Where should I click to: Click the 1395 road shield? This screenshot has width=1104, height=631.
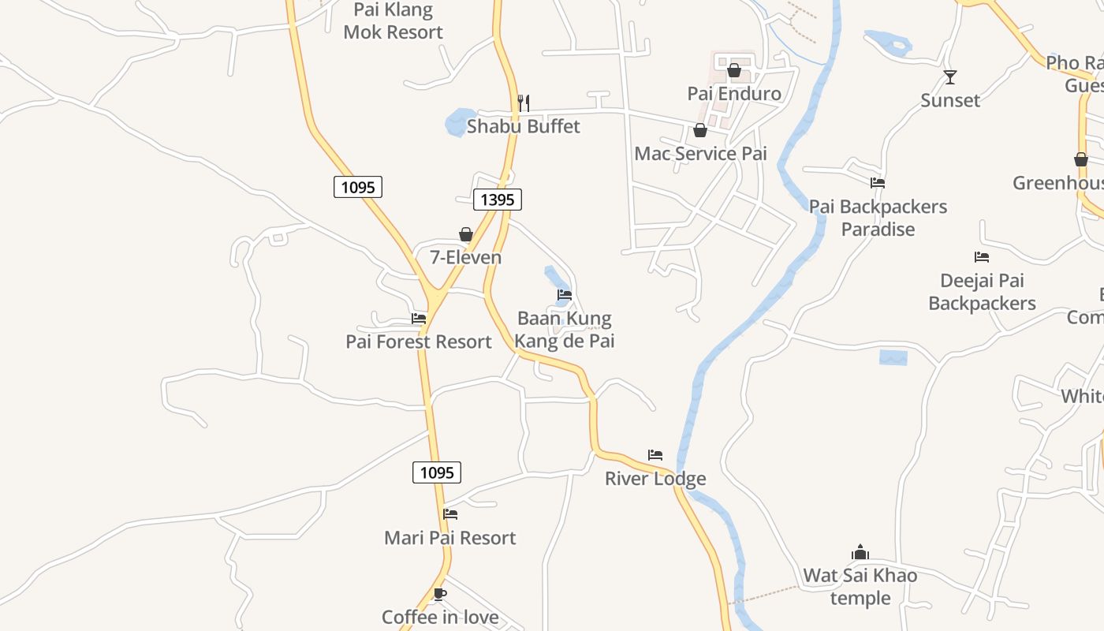pyautogui.click(x=498, y=200)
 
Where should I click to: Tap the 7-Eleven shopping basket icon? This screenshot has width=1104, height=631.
pyautogui.click(x=466, y=234)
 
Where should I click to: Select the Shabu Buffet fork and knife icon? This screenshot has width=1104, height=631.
pyautogui.click(x=523, y=103)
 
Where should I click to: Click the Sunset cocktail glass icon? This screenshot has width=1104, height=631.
pyautogui.click(x=950, y=77)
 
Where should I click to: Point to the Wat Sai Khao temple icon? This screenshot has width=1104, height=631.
pyautogui.click(x=860, y=552)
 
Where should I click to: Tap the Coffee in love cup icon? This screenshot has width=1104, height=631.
pyautogui.click(x=440, y=594)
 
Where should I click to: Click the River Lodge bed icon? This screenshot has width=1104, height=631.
pyautogui.click(x=655, y=455)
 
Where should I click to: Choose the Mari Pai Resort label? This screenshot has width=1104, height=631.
pyautogui.click(x=449, y=538)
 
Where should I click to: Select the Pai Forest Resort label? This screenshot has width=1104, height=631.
pyautogui.click(x=419, y=342)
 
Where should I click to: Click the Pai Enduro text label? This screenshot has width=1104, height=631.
pyautogui.click(x=734, y=94)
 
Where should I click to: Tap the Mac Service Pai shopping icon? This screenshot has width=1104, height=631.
pyautogui.click(x=700, y=130)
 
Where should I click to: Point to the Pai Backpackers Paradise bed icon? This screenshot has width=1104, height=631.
pyautogui.click(x=878, y=183)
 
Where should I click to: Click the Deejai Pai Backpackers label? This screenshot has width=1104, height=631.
pyautogui.click(x=982, y=292)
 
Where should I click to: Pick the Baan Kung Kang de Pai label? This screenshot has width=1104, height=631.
pyautogui.click(x=565, y=330)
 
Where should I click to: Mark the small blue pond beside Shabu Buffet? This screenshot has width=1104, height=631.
pyautogui.click(x=457, y=122)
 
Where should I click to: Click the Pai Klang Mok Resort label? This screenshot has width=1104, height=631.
pyautogui.click(x=393, y=21)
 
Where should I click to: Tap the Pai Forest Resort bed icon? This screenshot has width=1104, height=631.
pyautogui.click(x=419, y=319)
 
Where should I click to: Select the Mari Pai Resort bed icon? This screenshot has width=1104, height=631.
pyautogui.click(x=450, y=514)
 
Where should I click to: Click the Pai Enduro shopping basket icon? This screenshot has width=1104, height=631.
pyautogui.click(x=734, y=71)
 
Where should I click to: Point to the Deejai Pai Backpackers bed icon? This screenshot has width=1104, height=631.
pyautogui.click(x=982, y=257)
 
